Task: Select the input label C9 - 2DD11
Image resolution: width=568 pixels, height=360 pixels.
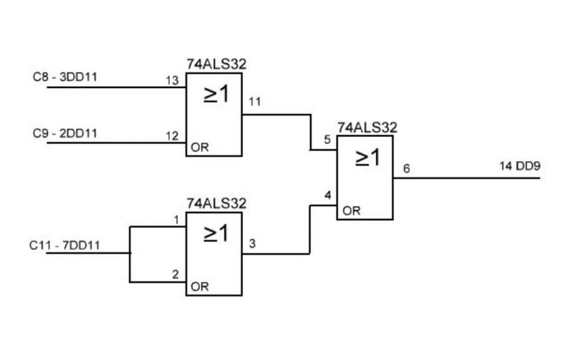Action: pos(65,132)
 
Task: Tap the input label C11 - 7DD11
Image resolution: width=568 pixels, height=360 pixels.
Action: pos(65,246)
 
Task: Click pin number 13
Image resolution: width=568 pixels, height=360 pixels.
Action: pos(171,80)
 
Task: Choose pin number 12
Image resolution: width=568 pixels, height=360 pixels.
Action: pos(171,136)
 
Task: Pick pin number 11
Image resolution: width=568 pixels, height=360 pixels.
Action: pos(255,102)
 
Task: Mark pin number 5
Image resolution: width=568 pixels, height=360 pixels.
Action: pos(327,140)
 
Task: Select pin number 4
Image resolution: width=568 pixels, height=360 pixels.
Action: pos(327,195)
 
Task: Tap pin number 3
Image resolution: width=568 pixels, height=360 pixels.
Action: pos(252,244)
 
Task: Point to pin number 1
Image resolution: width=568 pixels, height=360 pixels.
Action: pos(177,219)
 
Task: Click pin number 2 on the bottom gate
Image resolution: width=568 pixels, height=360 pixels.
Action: pos(177,274)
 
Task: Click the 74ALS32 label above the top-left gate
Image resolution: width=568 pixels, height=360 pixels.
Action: pos(216,64)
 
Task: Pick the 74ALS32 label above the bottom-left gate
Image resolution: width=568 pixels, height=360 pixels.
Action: pos(216,203)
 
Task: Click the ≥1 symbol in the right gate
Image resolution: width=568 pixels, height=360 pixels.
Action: pos(367,158)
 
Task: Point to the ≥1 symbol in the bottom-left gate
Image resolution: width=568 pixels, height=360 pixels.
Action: pos(217,233)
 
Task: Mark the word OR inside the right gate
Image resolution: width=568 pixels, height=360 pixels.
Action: pos(350,211)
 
